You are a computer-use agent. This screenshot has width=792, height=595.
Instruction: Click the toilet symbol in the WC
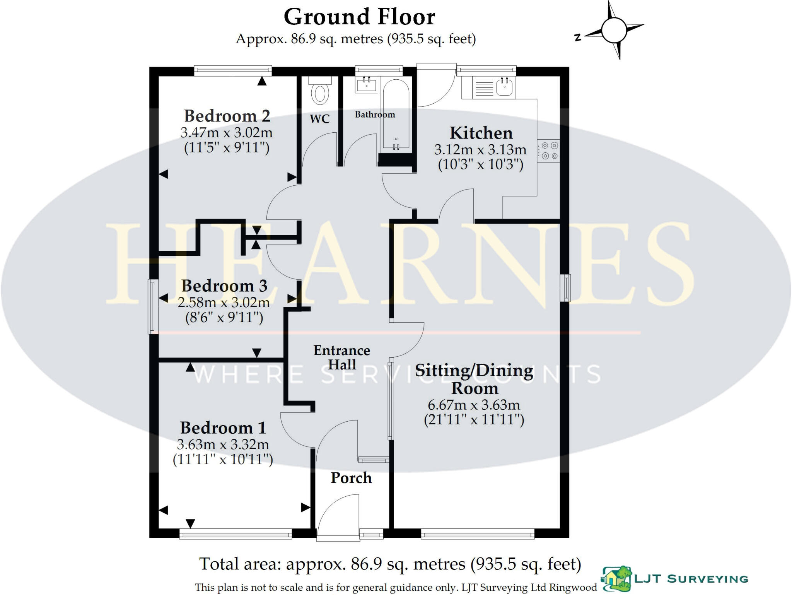[x=320, y=92]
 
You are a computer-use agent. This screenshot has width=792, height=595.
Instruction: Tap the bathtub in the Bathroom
[x=395, y=115]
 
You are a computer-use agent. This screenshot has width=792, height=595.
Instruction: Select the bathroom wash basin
[x=366, y=85]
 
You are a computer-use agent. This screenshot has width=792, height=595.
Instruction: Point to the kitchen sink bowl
[x=504, y=87]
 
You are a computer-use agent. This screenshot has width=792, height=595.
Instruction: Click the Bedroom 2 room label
[x=227, y=116]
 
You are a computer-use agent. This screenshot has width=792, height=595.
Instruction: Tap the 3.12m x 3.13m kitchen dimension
[x=480, y=149]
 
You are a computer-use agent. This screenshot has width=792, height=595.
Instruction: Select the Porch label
[x=351, y=478]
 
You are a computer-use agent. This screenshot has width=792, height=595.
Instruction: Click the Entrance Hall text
[x=342, y=357]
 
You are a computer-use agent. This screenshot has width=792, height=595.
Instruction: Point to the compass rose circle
[x=614, y=31]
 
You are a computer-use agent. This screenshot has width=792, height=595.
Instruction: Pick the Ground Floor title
[x=359, y=17]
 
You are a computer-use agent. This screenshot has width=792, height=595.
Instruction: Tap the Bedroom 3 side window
[x=153, y=306]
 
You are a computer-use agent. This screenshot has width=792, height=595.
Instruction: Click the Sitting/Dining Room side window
[x=566, y=287]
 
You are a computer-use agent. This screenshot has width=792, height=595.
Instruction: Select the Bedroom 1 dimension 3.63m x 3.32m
[x=223, y=444]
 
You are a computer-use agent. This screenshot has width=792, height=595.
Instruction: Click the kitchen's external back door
[x=435, y=86]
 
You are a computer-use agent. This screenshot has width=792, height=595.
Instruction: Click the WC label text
[x=319, y=118]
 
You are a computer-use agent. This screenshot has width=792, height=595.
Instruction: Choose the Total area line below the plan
[x=390, y=564]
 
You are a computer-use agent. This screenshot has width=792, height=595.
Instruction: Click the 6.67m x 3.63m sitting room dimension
[x=474, y=405]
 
